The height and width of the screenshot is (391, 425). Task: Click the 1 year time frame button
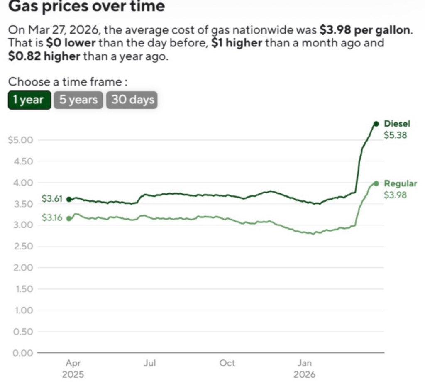click(29, 100)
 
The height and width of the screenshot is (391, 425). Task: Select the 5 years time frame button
click(78, 100)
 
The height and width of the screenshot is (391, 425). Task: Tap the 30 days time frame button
click(132, 100)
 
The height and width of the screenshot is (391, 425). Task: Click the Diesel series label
click(397, 124)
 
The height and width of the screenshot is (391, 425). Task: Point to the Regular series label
click(401, 183)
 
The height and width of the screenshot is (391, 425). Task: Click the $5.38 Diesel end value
click(396, 135)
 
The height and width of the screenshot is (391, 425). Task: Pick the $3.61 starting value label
click(52, 199)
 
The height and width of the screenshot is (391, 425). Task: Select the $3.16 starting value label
click(52, 218)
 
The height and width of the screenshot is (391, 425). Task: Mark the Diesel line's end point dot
click(376, 124)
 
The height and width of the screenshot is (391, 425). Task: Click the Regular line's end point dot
click(376, 183)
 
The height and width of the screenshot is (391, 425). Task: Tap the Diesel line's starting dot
click(69, 199)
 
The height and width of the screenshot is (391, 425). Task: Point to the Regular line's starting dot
click(69, 219)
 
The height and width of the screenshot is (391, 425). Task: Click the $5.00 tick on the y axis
click(20, 140)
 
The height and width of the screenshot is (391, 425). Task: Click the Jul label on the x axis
click(150, 363)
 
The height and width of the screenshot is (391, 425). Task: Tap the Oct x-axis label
click(227, 363)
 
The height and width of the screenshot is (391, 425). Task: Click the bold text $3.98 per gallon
click(366, 30)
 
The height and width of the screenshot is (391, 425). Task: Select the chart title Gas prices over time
click(86, 6)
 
